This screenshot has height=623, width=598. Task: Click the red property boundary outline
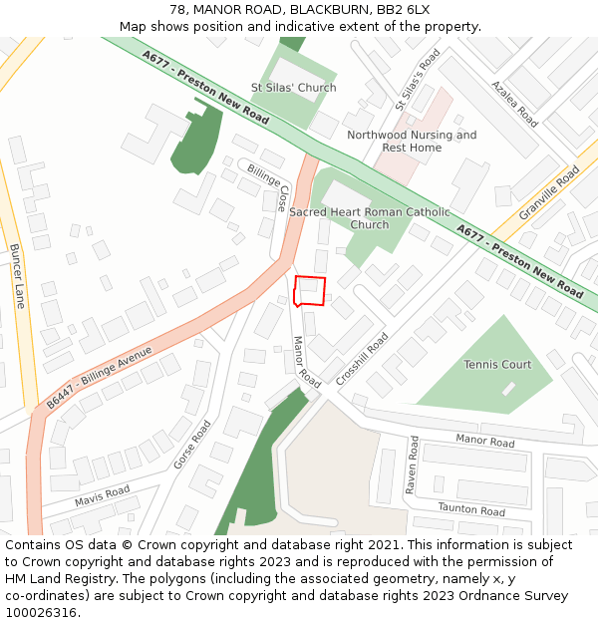(x=310, y=289)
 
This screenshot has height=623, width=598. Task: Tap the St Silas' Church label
(x=293, y=88)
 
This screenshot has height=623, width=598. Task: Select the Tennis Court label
(x=497, y=365)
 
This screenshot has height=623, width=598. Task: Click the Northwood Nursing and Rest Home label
(x=412, y=142)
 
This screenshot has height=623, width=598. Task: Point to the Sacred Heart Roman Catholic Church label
(x=370, y=218)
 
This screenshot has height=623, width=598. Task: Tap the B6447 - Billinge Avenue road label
(x=99, y=378)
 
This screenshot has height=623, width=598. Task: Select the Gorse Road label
(x=193, y=444)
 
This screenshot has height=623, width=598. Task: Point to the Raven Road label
(x=412, y=465)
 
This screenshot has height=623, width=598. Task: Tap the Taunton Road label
(x=472, y=510)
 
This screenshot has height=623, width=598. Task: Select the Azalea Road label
(x=514, y=104)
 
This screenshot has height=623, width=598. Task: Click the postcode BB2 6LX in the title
(x=403, y=9)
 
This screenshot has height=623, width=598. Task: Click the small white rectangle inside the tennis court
(x=509, y=387)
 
